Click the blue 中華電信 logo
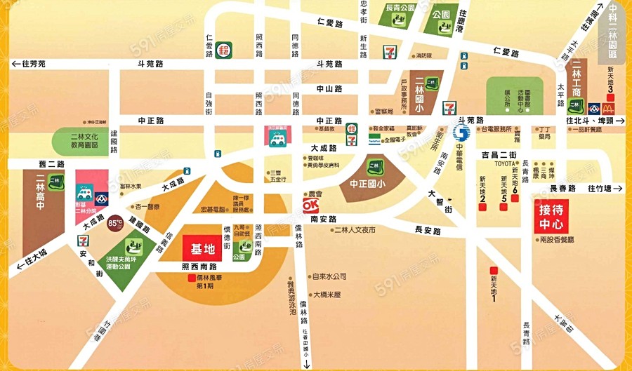coord(461,133)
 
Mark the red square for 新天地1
coord(494,269)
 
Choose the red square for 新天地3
coord(611,97)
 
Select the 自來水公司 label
coord(329,276)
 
